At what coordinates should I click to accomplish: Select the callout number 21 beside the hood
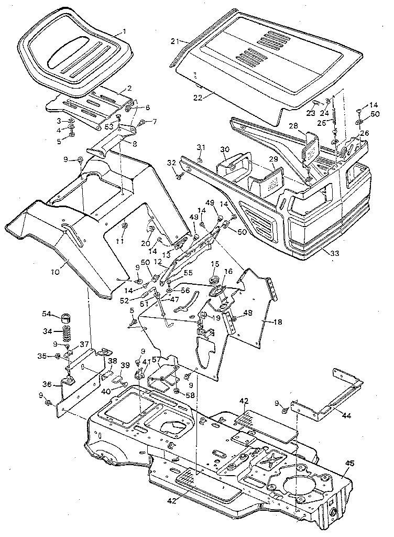pyautogui.click(x=175, y=40)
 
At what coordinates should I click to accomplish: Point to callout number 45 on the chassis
pyautogui.click(x=350, y=463)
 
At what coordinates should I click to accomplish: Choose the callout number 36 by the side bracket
pyautogui.click(x=48, y=385)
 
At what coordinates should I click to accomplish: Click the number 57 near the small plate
pyautogui.click(x=156, y=360)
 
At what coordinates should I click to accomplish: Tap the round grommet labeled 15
pyautogui.click(x=215, y=277)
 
